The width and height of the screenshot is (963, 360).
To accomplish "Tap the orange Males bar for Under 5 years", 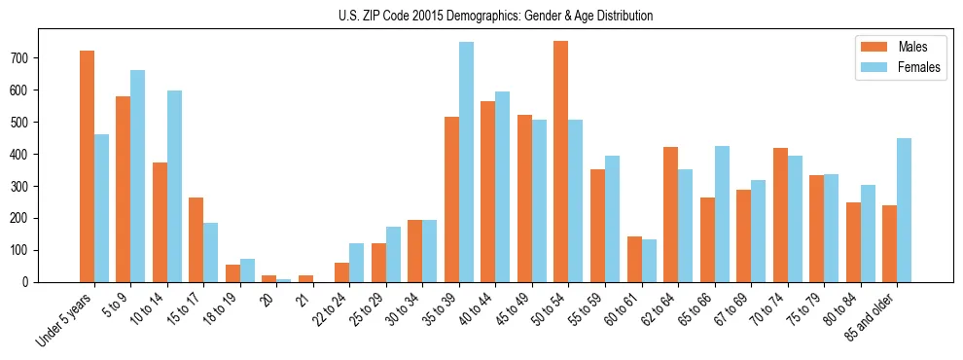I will (88, 166).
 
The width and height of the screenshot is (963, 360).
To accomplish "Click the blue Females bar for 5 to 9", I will (138, 176).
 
